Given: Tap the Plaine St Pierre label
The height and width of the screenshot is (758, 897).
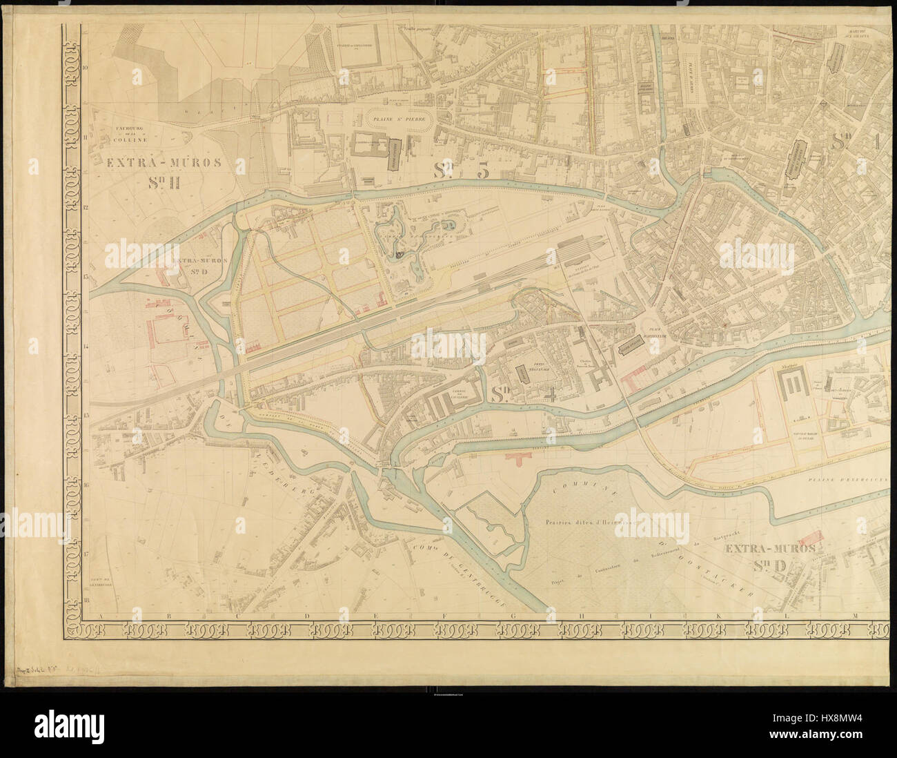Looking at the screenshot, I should [x=400, y=119].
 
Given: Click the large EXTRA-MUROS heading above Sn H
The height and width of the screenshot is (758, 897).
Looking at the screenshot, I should [x=164, y=164].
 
